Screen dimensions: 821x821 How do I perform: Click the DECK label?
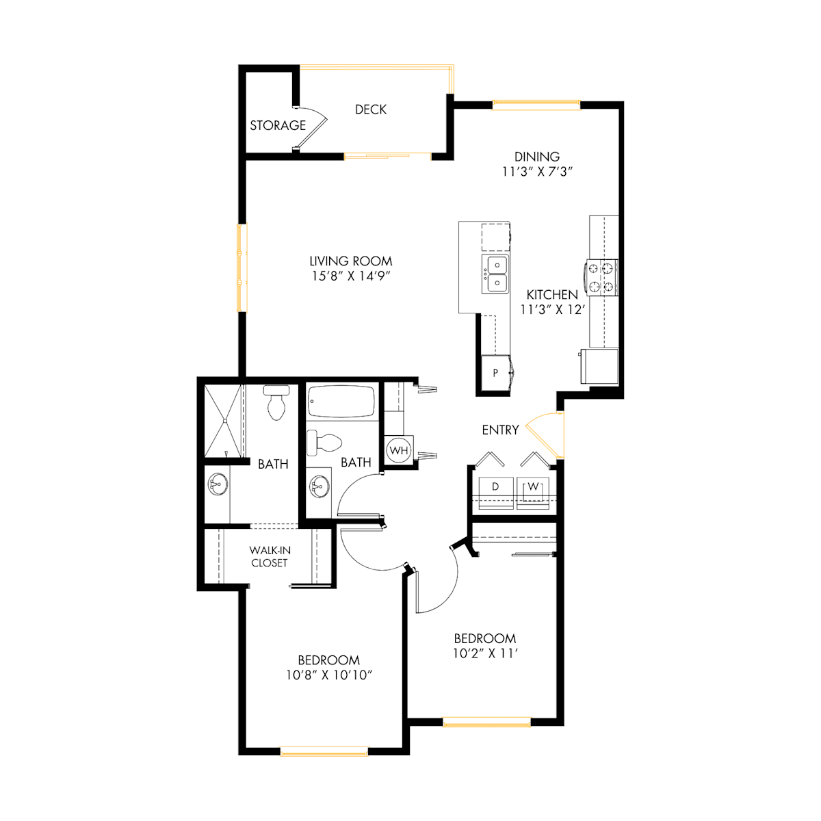[370, 109]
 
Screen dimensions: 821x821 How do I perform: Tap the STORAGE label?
[278, 125]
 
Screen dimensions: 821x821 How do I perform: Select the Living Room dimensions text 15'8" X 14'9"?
[351, 276]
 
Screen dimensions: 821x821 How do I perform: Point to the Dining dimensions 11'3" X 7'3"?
[537, 172]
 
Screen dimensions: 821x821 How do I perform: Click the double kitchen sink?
[495, 274]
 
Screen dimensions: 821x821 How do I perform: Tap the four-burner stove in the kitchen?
[601, 277]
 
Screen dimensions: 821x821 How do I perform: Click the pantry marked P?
[495, 373]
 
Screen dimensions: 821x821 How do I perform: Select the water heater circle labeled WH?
[399, 450]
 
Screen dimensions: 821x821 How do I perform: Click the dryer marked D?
[496, 493]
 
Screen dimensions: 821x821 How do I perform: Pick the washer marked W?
[532, 493]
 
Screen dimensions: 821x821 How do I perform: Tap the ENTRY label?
[500, 430]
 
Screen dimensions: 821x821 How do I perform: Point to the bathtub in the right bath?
[341, 402]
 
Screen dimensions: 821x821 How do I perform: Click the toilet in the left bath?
[276, 402]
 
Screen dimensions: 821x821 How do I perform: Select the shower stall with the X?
[223, 421]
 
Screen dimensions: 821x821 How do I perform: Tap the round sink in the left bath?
[218, 484]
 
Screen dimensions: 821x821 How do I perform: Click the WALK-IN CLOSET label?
[270, 556]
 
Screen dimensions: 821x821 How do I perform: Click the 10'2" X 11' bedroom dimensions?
[485, 653]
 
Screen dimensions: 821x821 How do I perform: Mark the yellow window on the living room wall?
[242, 268]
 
